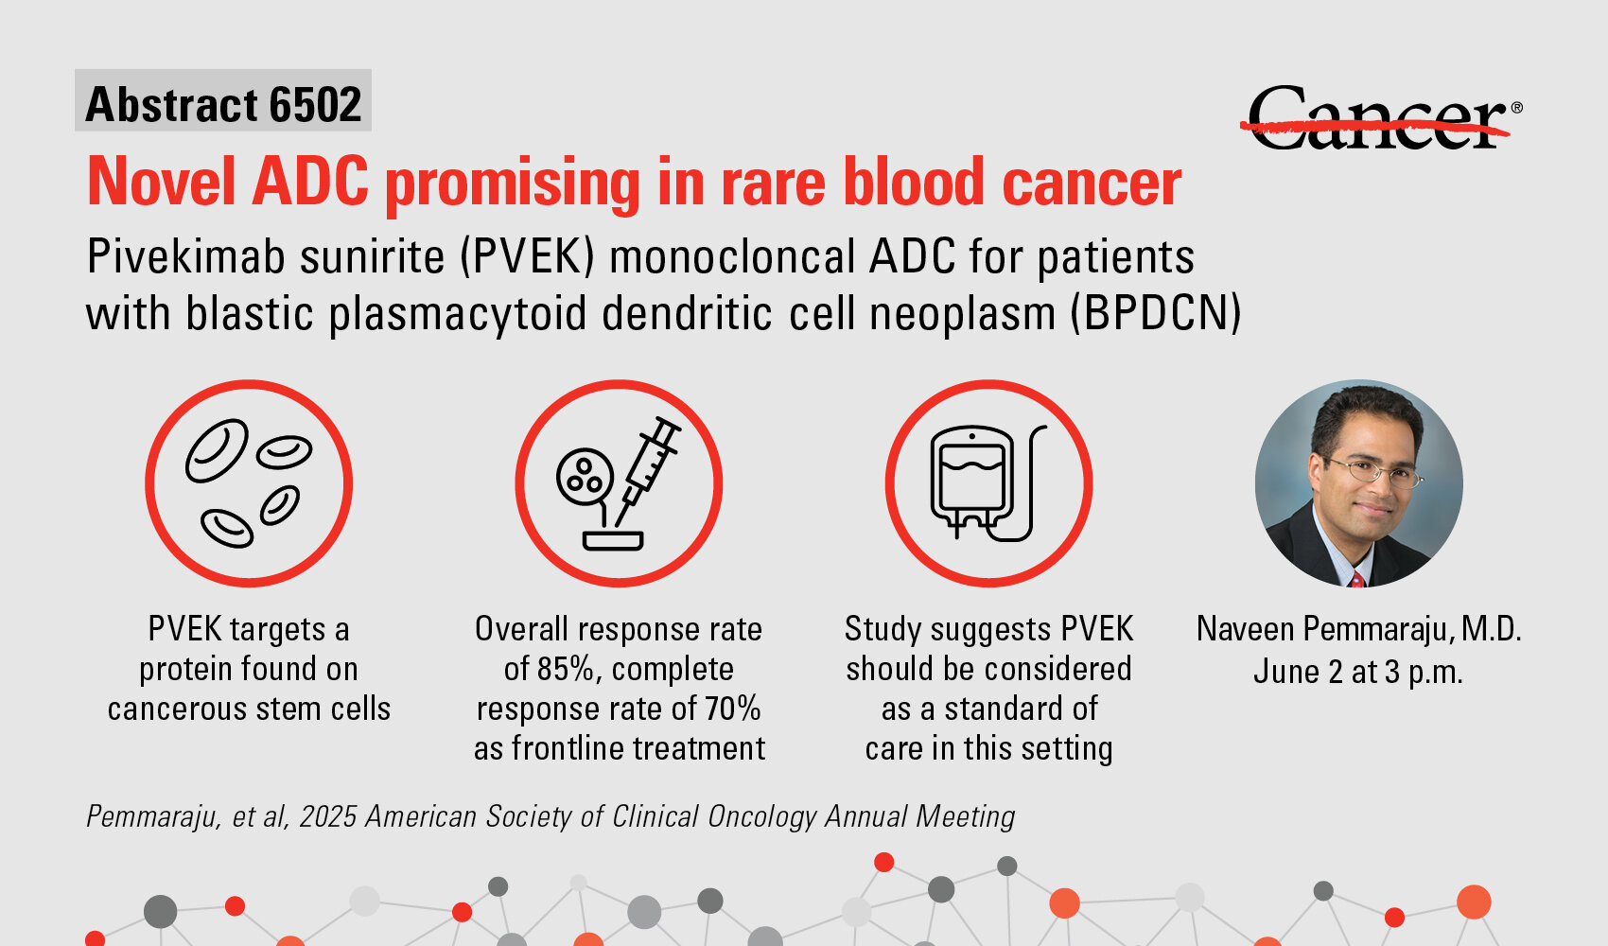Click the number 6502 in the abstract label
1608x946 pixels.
click(315, 105)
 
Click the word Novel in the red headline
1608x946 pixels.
click(161, 182)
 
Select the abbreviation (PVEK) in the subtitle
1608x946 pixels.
click(527, 256)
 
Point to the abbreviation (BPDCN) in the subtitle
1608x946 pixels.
click(1156, 314)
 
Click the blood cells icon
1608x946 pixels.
click(249, 483)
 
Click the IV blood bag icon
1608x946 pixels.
click(988, 482)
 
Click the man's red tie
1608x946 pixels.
click(1356, 579)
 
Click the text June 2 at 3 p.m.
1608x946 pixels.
click(1358, 672)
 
